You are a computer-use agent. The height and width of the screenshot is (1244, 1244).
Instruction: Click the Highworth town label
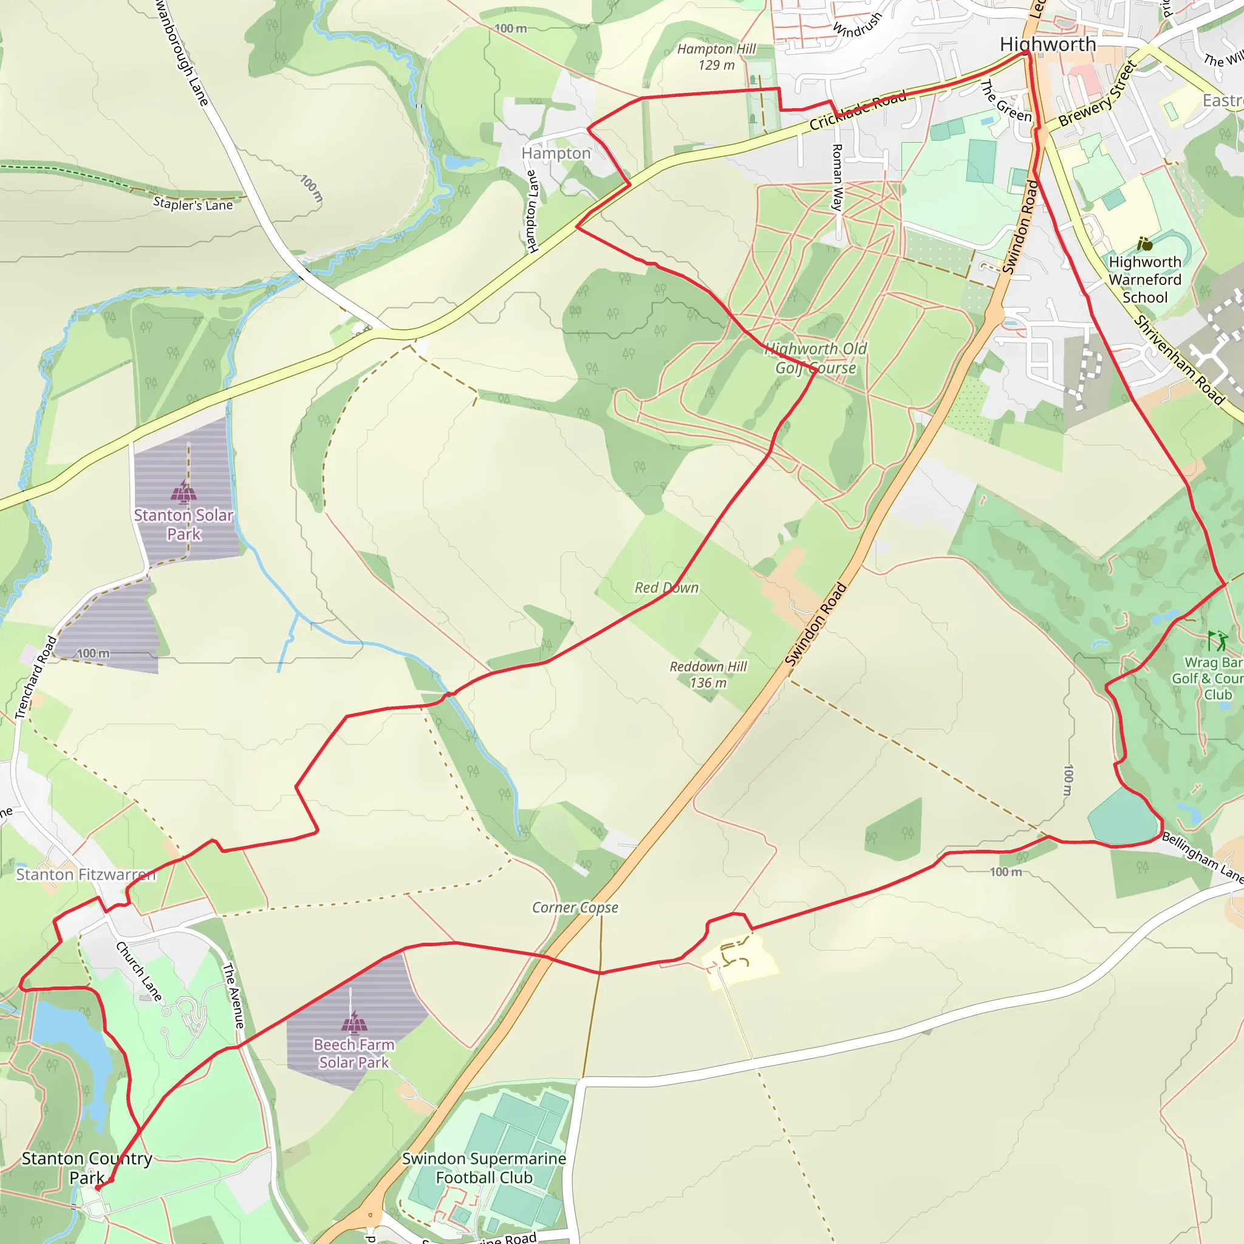point(1048,44)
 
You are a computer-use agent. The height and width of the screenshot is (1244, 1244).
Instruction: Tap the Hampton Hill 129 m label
point(716,56)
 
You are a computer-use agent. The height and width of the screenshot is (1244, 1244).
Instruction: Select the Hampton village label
point(556,153)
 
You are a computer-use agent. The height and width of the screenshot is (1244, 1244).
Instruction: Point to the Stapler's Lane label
point(193,204)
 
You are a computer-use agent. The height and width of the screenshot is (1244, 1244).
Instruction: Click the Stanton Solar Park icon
point(183,491)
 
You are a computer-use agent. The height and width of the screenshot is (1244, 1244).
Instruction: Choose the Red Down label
point(666,587)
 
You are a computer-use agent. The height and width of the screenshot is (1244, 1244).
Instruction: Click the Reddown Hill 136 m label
point(708,674)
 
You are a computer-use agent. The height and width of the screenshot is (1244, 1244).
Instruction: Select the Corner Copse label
point(575,907)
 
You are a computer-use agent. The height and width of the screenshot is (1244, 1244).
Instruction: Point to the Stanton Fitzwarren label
point(86,875)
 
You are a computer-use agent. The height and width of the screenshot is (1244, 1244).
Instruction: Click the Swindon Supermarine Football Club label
point(484,1168)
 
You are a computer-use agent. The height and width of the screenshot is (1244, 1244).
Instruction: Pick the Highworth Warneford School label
point(1145,279)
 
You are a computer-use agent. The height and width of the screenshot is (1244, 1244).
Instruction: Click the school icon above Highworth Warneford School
point(1144,244)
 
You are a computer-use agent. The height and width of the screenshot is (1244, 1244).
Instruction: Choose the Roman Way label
point(837,178)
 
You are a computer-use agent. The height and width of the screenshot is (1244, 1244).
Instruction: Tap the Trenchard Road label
point(36,677)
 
